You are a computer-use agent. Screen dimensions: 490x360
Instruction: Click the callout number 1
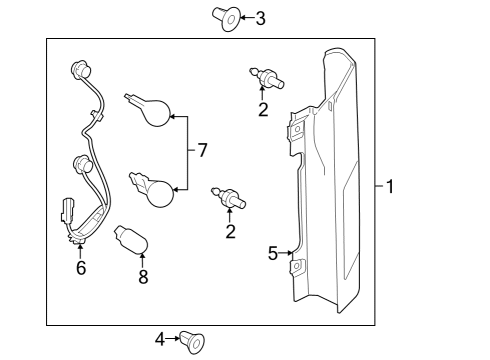point(390,187)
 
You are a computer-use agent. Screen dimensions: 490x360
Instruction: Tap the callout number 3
point(261,18)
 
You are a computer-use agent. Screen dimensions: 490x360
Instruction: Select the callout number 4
point(160,339)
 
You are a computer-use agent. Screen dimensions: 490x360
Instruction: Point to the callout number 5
point(273,254)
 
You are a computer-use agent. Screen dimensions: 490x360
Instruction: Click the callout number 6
point(81,268)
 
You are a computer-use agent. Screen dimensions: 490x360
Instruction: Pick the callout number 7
point(202,150)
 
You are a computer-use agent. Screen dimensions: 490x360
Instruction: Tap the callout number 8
point(143,277)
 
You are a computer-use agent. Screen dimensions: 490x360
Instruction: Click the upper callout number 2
point(263,110)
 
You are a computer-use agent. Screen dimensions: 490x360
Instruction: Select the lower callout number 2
point(230,231)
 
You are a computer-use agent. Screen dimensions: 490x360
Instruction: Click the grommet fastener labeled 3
point(226,18)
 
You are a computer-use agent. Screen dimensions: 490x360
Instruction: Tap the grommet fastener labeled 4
point(192,342)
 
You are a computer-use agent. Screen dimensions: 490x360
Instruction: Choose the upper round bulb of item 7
point(149,109)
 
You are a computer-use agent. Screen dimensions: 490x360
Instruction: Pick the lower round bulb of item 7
point(152,189)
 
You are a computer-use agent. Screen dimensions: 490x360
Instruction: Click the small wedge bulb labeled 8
point(131,240)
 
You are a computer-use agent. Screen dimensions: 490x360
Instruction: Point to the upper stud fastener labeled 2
point(267,77)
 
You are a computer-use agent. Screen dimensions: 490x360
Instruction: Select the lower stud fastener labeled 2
point(229,198)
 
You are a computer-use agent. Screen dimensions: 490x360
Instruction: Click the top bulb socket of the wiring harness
point(81,70)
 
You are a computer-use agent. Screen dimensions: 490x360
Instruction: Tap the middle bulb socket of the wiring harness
point(82,164)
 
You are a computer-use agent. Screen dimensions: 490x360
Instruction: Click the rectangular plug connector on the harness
point(67,210)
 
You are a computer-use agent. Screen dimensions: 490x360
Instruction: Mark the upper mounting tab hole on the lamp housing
point(298,129)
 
